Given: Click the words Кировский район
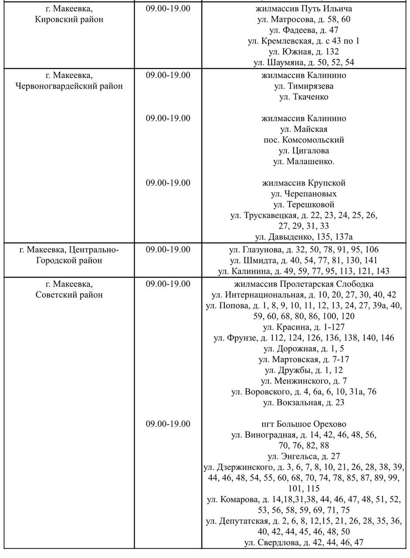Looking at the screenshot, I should point(69,20).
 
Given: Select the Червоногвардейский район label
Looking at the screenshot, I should point(69,86).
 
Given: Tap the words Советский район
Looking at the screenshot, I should point(69,295).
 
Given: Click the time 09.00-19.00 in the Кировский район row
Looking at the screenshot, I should point(168,9).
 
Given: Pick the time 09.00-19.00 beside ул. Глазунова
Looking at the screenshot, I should point(168,250).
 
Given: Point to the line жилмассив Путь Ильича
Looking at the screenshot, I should point(304,9).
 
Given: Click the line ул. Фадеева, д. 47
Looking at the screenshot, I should point(304,30).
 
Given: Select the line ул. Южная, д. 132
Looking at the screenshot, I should point(304,51).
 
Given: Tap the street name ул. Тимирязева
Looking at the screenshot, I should point(304,86).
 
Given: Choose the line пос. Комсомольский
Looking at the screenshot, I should point(304,140).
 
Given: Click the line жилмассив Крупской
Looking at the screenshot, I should point(304,183).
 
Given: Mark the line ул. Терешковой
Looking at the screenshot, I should point(304,204).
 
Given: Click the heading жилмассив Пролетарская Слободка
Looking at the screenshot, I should point(304,284).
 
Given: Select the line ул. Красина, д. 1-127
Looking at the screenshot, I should point(304,327).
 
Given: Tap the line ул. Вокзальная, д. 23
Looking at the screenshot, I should point(304,402).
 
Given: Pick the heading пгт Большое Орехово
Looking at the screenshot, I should point(304,424).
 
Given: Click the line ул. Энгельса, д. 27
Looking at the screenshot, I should point(304,456).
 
